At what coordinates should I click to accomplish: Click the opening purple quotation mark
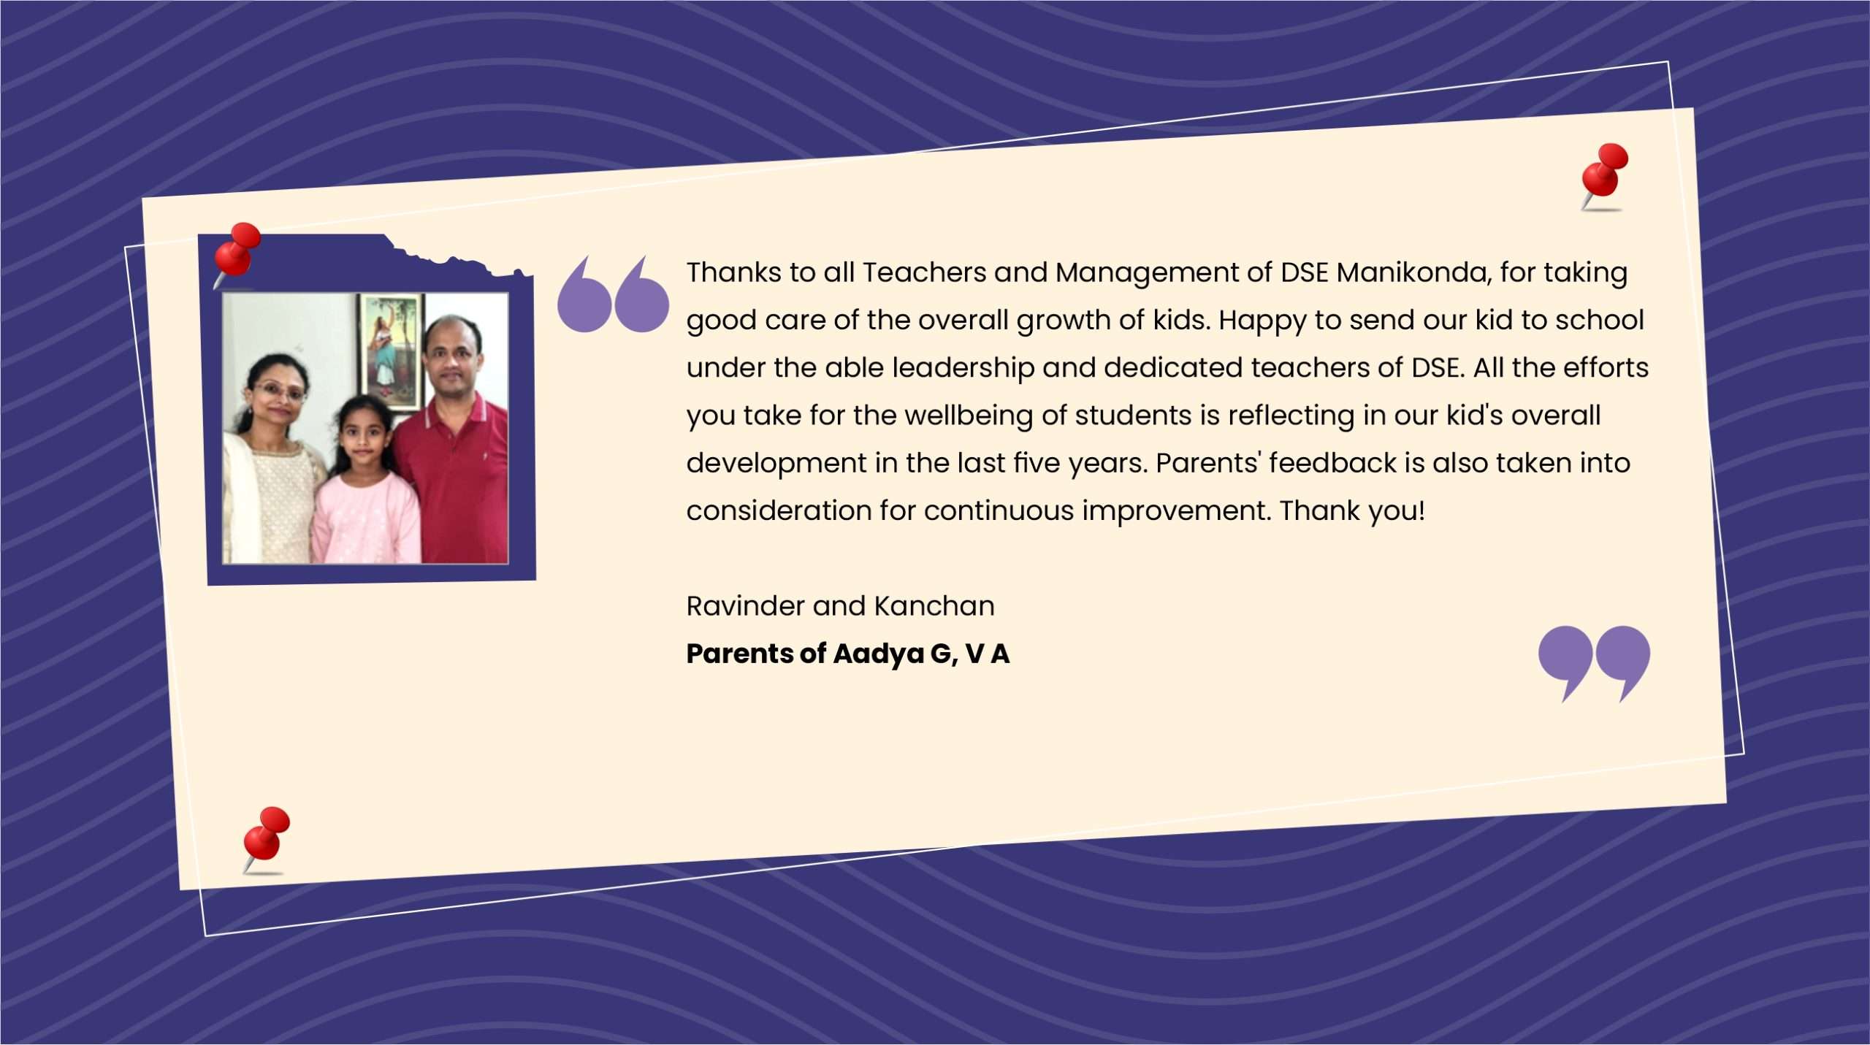pos(613,294)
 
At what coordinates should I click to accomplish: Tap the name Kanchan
pos(934,605)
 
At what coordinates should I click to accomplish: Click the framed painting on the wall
pos(391,352)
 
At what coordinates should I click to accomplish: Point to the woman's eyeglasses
pos(278,391)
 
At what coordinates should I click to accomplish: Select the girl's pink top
pos(366,518)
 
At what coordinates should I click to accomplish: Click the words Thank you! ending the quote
pos(1352,511)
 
